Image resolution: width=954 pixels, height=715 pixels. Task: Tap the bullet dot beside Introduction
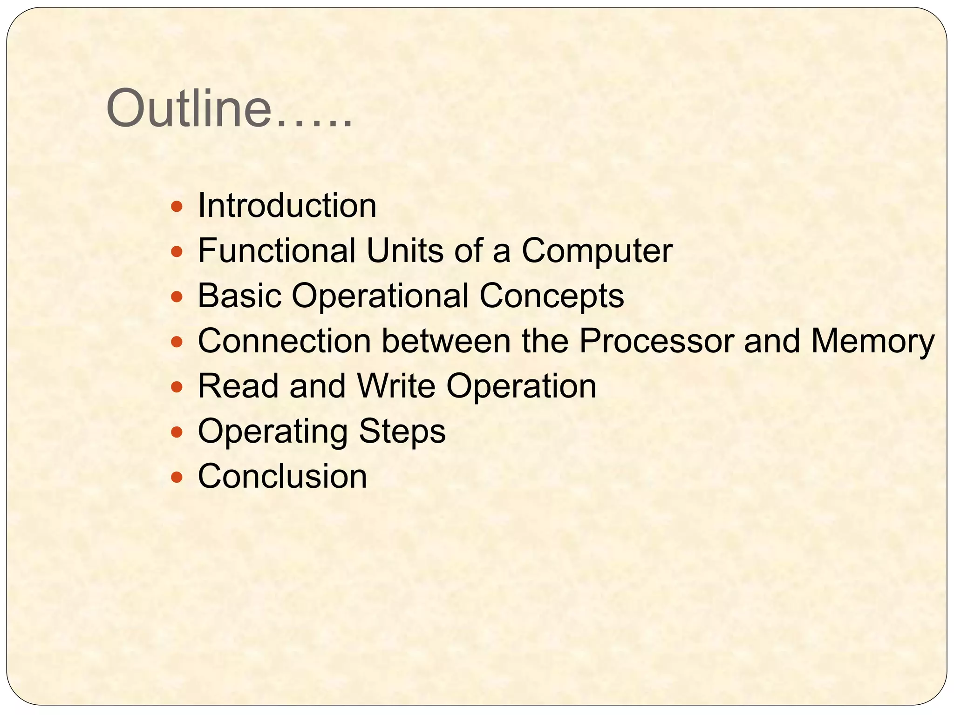tap(177, 207)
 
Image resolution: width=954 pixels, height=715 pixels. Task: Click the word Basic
tap(239, 296)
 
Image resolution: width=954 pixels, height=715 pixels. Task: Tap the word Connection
tap(284, 341)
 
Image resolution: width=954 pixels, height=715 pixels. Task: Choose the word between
tap(446, 341)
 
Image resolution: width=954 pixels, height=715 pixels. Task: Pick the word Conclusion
tap(282, 476)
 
